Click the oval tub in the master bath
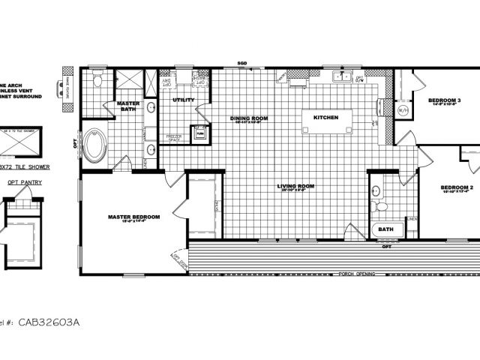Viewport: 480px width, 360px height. [x=95, y=146]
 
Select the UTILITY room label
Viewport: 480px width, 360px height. [x=183, y=100]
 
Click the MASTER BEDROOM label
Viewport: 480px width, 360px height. [x=133, y=217]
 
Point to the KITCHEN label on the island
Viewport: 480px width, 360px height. [x=325, y=118]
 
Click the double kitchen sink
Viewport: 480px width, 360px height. [x=343, y=75]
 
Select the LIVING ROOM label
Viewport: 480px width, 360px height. [x=295, y=186]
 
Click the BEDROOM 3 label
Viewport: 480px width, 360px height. [x=444, y=100]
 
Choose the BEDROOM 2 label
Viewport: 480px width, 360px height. [x=457, y=187]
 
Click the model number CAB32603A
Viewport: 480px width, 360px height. [x=53, y=321]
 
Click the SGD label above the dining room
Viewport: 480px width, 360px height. [x=242, y=63]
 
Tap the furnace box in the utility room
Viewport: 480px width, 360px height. [x=201, y=133]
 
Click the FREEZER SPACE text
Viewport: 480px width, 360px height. [x=174, y=138]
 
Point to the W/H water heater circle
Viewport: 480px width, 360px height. [x=402, y=110]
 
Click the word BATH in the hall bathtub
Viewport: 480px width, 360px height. [x=385, y=229]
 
